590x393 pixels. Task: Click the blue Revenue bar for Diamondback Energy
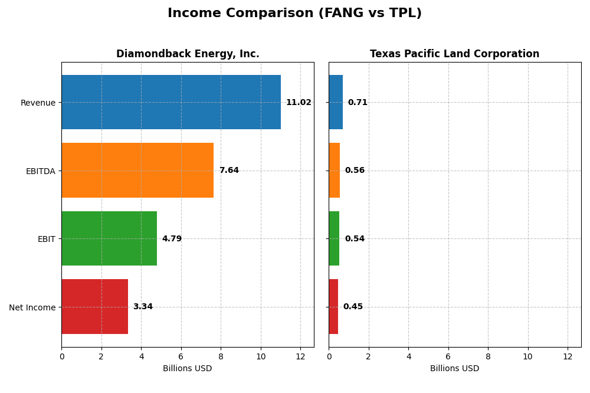tap(171, 102)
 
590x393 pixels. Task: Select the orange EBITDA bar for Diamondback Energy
tap(137, 171)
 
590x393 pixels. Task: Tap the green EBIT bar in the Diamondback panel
tap(109, 238)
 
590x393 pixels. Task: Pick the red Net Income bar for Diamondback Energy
tap(94, 307)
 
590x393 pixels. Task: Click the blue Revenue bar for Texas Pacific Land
tap(336, 102)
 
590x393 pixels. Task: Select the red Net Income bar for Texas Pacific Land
tap(333, 307)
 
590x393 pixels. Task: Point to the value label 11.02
tap(299, 103)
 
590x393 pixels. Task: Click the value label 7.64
tap(229, 171)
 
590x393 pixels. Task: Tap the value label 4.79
tap(172, 239)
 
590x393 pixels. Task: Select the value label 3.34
tap(143, 307)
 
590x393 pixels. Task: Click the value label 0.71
tap(358, 103)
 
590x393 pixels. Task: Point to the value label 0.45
tap(353, 307)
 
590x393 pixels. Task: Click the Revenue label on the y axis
tap(38, 103)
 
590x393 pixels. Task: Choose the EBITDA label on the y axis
tap(41, 171)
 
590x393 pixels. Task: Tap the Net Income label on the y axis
tap(32, 307)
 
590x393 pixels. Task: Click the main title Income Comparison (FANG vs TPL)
tap(294, 14)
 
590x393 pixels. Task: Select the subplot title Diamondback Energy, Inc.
tap(188, 54)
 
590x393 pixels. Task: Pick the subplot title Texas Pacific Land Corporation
tap(454, 54)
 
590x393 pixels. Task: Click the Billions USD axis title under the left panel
tap(187, 369)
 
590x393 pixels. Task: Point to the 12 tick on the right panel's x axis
tap(568, 357)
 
